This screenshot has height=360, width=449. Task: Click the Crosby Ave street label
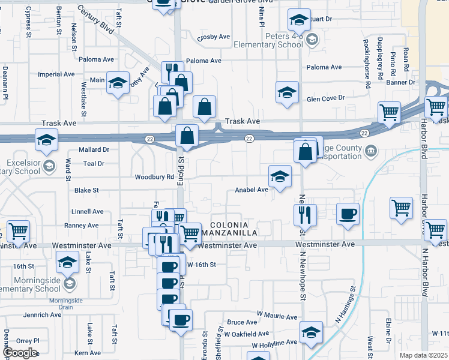pyautogui.click(x=214, y=37)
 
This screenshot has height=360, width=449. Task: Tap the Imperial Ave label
pyautogui.click(x=56, y=74)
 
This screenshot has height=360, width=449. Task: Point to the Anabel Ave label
pyautogui.click(x=251, y=190)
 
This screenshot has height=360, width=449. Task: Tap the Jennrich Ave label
pyautogui.click(x=42, y=314)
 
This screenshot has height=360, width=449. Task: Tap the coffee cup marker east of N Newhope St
pyautogui.click(x=348, y=214)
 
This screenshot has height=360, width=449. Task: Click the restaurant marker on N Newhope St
pyautogui.click(x=305, y=214)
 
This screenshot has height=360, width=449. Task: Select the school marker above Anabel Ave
pyautogui.click(x=279, y=176)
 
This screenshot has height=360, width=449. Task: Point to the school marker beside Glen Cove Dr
pyautogui.click(x=287, y=92)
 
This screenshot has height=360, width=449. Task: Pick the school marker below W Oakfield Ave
pyautogui.click(x=312, y=332)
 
